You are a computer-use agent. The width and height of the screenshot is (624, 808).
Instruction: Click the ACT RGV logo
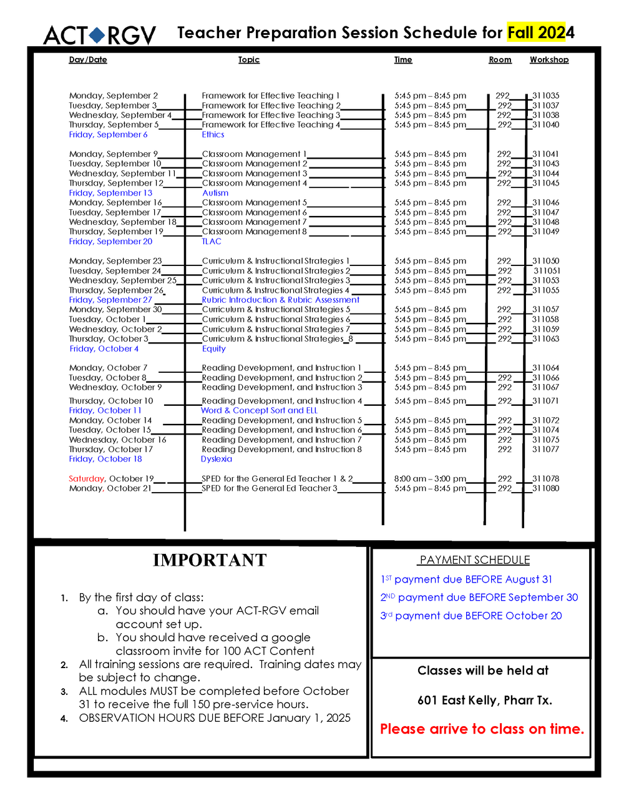click(100, 35)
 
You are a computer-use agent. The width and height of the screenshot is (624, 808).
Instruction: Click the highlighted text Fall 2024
click(540, 32)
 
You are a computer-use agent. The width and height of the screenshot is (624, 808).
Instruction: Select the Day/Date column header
click(88, 60)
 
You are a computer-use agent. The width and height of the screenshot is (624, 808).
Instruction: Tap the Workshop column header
click(549, 60)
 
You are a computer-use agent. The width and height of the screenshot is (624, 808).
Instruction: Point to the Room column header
click(500, 60)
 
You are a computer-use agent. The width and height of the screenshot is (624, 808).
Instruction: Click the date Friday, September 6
click(109, 135)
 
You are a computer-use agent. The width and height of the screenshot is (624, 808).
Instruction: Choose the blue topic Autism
click(215, 193)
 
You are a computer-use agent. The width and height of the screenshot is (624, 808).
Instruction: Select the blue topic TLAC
click(212, 242)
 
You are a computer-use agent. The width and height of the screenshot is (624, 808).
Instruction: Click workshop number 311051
click(547, 271)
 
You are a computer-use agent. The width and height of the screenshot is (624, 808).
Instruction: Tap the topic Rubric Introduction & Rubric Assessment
click(280, 300)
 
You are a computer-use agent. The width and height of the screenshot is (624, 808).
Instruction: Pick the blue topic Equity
click(213, 349)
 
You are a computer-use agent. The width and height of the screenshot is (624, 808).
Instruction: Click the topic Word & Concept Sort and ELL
click(259, 410)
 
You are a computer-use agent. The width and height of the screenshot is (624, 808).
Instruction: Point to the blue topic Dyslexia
click(217, 459)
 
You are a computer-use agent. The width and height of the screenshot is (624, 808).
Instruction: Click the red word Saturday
click(87, 479)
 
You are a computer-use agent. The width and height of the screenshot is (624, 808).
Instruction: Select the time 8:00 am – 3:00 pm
click(430, 479)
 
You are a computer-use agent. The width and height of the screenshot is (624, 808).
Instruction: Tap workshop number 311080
click(545, 488)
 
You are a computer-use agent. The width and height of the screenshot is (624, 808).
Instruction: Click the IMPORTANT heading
click(210, 560)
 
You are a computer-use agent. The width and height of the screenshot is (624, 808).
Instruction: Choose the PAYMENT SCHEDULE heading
click(475, 560)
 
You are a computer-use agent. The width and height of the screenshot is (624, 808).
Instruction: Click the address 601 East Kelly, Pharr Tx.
click(485, 700)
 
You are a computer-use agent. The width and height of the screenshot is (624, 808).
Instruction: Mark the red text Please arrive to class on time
click(482, 729)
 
